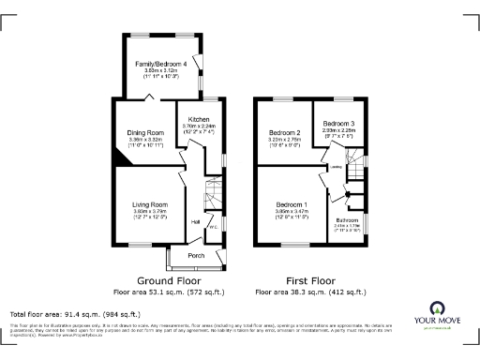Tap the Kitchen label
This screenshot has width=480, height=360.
(198, 120)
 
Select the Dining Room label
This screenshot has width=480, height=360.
(145, 133)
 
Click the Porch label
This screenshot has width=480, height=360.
(196, 255)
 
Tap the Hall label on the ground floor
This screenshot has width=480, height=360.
(195, 221)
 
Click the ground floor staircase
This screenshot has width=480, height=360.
(214, 198)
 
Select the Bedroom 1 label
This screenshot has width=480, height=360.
(292, 204)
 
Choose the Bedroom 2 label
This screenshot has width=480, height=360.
(283, 133)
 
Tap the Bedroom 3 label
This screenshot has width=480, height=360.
(338, 124)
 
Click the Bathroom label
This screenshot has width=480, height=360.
(348, 219)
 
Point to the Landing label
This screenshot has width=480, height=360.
(336, 170)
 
